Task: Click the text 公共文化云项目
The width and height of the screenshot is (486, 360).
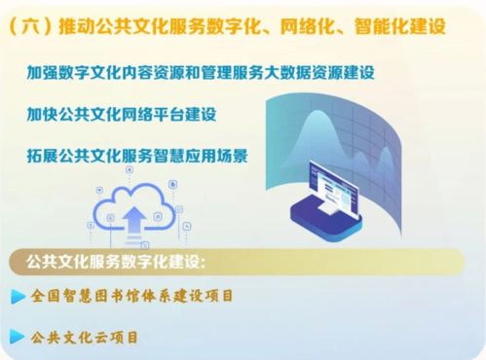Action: pos(86,338)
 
